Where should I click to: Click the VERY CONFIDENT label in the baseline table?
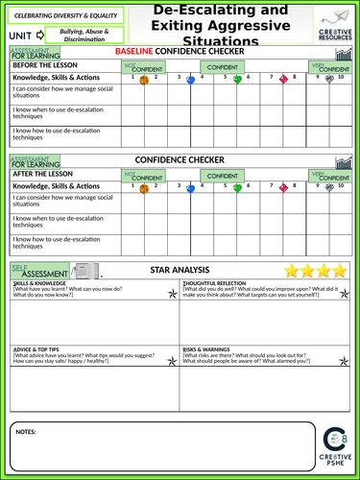pyautogui.click(x=331, y=69)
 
